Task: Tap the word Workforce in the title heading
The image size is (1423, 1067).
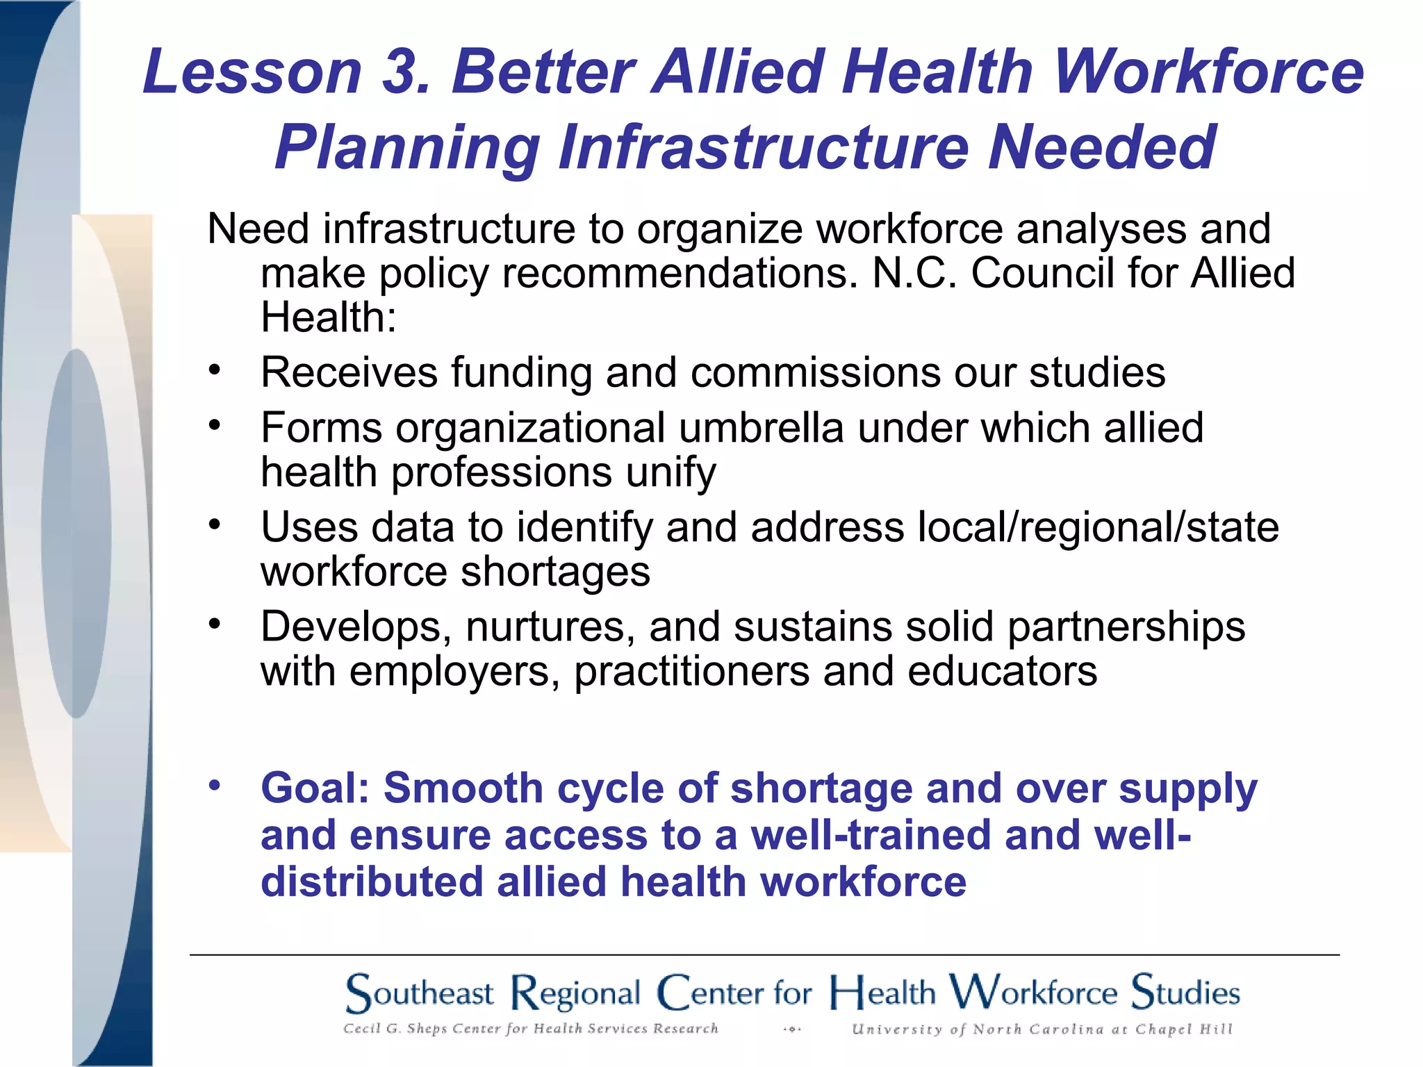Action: pos(1209,72)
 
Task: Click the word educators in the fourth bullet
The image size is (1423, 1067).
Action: pos(1002,671)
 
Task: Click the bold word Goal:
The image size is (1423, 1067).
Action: pos(315,788)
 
